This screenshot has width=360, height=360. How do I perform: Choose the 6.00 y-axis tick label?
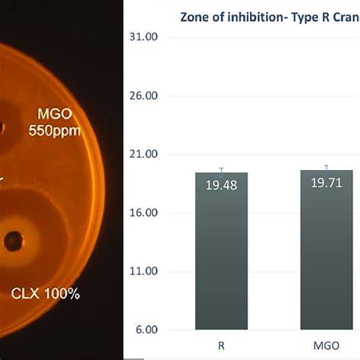point(146,330)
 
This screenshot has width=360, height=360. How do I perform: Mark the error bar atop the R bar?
point(221,169)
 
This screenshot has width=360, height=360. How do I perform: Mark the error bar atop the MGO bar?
point(326,167)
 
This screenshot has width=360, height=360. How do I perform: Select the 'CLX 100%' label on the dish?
point(46,293)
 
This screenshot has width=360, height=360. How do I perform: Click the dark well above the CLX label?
point(13,242)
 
